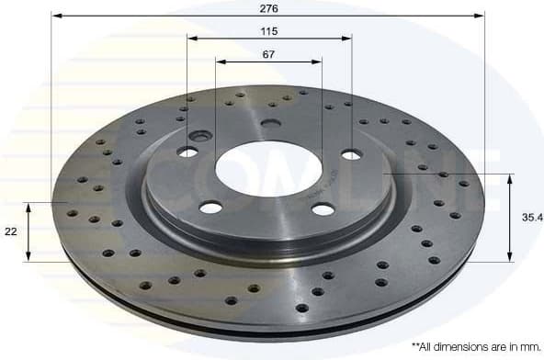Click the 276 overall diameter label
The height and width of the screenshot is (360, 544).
pyautogui.click(x=269, y=7)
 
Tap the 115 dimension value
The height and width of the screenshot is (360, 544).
pyautogui.click(x=268, y=31)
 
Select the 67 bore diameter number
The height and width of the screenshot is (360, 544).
pyautogui.click(x=268, y=54)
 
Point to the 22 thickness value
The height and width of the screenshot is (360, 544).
pyautogui.click(x=10, y=232)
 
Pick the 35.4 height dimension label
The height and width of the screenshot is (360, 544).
pyautogui.click(x=528, y=218)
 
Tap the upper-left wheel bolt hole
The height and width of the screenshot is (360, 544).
pyautogui.click(x=187, y=151)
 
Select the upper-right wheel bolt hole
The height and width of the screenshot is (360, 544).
pyautogui.click(x=351, y=154)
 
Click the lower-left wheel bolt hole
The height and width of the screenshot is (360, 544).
pyautogui.click(x=210, y=207)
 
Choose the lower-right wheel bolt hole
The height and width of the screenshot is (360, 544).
pyautogui.click(x=323, y=209)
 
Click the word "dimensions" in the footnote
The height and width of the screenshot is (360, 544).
pyautogui.click(x=463, y=347)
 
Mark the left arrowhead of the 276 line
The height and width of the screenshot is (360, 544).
pyautogui.click(x=55, y=16)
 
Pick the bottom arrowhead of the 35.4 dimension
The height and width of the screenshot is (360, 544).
pyautogui.click(x=509, y=257)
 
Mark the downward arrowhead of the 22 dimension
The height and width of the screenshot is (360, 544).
pyautogui.click(x=29, y=256)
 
